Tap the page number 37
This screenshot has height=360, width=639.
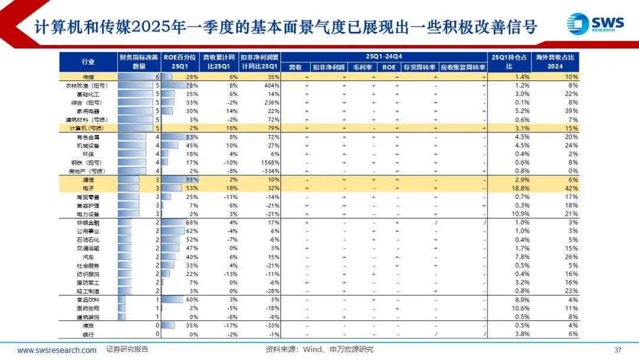click(618, 349)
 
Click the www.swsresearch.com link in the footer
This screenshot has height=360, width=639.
click(57, 350)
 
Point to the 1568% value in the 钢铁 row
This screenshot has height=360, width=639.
click(269, 162)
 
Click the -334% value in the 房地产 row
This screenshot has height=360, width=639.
click(270, 171)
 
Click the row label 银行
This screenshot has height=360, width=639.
click(88, 334)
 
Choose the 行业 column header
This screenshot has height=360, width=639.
click(88, 62)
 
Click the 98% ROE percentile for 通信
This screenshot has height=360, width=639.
click(191, 179)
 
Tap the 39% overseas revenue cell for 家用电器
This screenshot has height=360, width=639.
click(570, 111)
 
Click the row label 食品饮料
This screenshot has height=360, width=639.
click(88, 300)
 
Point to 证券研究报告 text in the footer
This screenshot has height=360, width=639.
click(127, 349)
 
